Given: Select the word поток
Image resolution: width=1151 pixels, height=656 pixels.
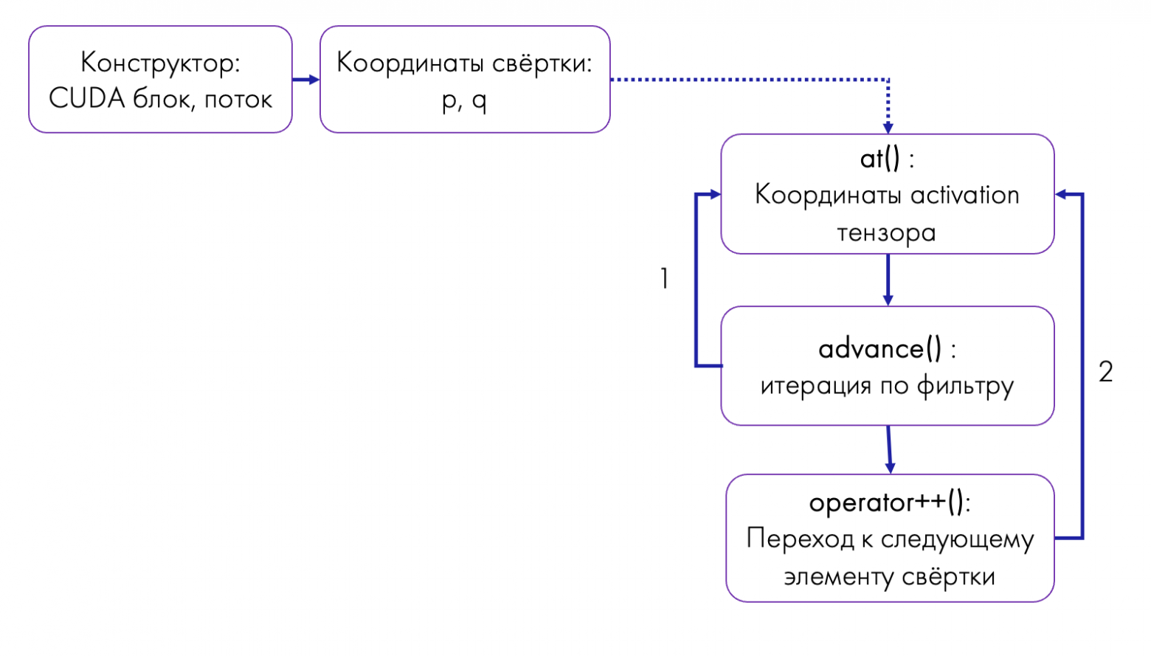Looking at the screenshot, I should tap(238, 99).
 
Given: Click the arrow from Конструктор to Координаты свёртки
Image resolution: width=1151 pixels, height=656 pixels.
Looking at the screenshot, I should tap(305, 80).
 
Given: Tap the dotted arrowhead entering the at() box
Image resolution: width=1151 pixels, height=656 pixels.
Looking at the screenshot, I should tap(888, 128).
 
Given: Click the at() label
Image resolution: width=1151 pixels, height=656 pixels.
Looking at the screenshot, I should tap(880, 159).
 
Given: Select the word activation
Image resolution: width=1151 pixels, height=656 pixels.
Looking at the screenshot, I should tap(964, 196).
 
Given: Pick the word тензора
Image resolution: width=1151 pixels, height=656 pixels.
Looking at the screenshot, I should tap(886, 233).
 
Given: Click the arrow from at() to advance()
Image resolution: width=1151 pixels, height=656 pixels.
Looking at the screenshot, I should tap(888, 280).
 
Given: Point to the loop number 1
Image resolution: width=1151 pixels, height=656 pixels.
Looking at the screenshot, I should tap(664, 279).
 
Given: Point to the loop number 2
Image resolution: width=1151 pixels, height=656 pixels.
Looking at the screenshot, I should tap(1105, 372).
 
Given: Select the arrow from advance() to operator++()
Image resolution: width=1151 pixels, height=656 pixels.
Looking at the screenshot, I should tap(889, 449).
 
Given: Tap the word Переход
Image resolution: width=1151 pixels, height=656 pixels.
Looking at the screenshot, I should tap(800, 539).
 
